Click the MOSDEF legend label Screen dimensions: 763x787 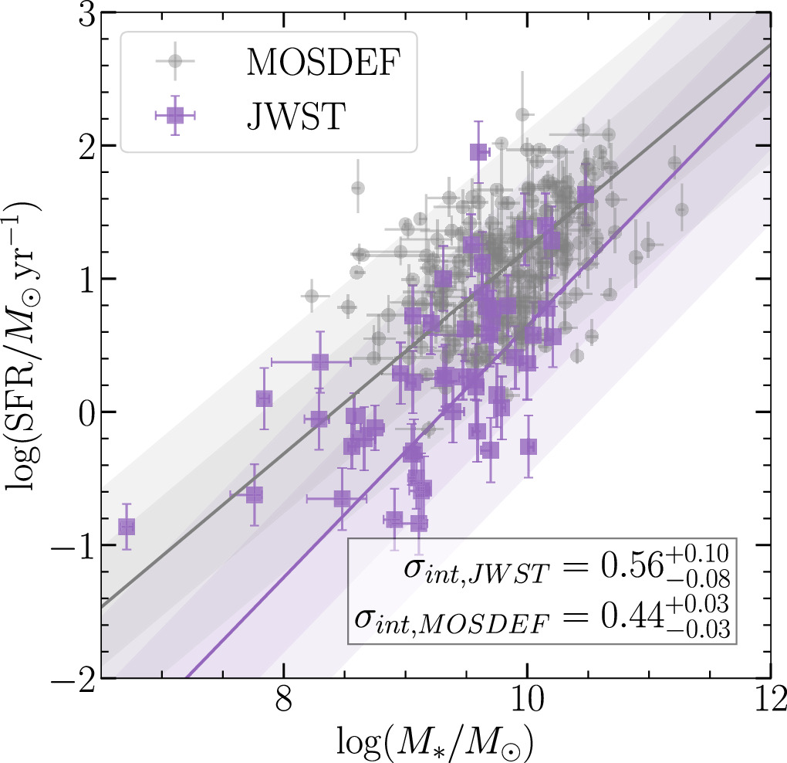[x=321, y=62]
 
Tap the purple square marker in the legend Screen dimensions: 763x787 [x=175, y=115]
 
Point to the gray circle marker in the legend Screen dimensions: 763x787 [x=175, y=61]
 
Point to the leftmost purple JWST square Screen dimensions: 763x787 [x=127, y=527]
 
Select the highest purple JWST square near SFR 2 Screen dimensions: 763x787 [x=478, y=152]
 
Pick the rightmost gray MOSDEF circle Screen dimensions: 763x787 [x=681, y=209]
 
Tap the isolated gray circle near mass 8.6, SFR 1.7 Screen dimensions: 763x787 [x=357, y=188]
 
